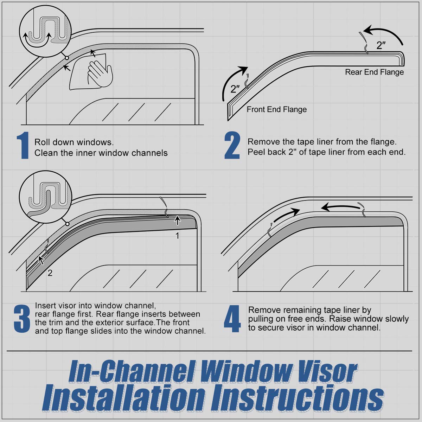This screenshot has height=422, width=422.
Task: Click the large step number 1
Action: [23, 146]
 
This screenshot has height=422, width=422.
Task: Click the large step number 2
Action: [232, 145]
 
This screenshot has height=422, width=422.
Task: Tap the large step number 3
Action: [22, 319]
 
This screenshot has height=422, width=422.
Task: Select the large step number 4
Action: [232, 319]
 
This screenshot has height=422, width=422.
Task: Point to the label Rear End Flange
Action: [374, 72]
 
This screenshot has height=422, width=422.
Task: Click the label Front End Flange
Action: [276, 109]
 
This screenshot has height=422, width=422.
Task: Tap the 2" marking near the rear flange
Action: [381, 45]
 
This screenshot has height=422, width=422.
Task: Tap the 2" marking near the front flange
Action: [235, 89]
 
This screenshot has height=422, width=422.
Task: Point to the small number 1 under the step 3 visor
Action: [178, 236]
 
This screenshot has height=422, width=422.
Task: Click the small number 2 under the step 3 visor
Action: [50, 273]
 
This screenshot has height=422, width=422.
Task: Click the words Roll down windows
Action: [74, 142]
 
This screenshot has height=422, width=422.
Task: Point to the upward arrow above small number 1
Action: [178, 221]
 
